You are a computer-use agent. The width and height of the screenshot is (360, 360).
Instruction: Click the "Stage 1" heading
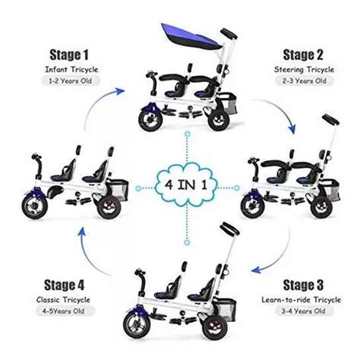point(69,55)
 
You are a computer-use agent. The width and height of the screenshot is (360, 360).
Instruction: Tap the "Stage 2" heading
point(303,55)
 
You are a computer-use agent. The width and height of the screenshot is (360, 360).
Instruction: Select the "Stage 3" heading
point(303,286)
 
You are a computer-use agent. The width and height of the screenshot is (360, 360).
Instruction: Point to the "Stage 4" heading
point(64,286)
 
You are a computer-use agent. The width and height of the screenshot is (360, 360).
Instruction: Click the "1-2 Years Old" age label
point(70,81)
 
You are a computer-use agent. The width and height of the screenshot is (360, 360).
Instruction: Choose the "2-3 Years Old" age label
point(305,81)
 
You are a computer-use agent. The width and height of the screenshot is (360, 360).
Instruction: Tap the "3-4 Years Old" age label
point(303,311)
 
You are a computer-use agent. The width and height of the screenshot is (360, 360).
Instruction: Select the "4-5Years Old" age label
point(63,311)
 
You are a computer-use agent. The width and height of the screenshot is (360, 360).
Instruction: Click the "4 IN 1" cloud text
point(186,185)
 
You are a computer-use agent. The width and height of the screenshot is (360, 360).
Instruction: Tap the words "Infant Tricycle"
point(71,69)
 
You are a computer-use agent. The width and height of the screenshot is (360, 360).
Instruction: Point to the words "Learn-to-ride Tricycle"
point(302,300)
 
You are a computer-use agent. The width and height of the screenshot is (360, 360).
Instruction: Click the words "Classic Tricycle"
point(63,300)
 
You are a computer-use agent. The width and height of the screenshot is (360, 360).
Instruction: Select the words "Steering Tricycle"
point(304,69)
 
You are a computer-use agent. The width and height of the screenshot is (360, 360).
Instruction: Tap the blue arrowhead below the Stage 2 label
point(292,128)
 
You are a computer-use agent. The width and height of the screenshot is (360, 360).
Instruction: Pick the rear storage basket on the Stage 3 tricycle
point(226,310)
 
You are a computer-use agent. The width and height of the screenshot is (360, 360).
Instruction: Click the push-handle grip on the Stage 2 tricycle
point(330,119)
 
